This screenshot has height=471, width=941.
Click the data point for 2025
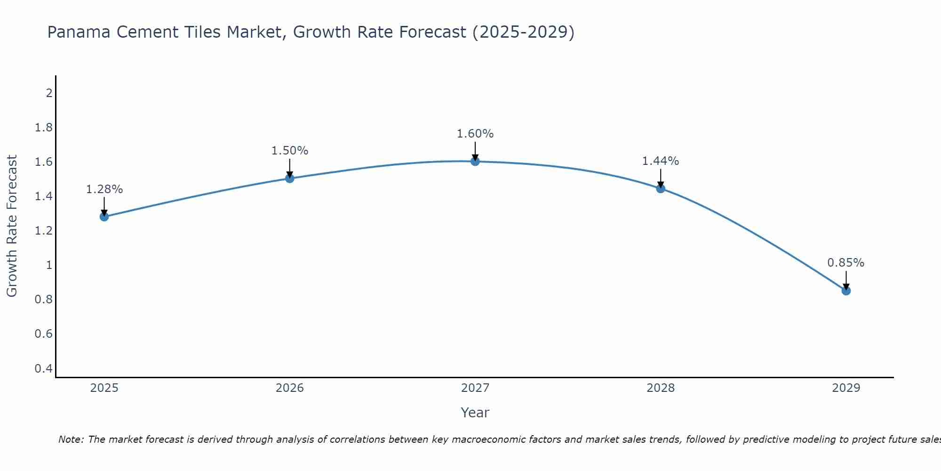click(x=104, y=217)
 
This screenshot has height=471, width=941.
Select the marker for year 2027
click(x=475, y=162)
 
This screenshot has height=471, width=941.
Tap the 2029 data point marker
click(x=846, y=291)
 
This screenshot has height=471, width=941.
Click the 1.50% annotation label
click(x=290, y=151)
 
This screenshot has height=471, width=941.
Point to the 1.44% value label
click(x=661, y=161)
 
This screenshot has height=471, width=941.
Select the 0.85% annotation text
click(x=846, y=263)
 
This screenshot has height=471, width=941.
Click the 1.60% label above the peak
click(x=475, y=134)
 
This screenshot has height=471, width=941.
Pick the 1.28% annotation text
click(x=104, y=189)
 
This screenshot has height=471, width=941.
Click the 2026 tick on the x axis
click(x=290, y=388)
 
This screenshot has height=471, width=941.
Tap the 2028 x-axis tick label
click(x=661, y=388)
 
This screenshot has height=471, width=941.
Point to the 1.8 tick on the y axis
click(x=44, y=128)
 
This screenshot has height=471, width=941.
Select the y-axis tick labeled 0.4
click(x=44, y=368)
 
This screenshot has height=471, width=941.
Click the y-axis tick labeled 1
click(x=49, y=265)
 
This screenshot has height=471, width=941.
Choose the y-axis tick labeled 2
click(x=49, y=93)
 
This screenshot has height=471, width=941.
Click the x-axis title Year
click(x=475, y=413)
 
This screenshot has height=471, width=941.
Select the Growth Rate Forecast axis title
click(x=12, y=226)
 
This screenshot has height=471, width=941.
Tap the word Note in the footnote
click(x=71, y=439)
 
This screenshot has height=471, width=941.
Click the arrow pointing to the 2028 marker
click(x=661, y=179)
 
